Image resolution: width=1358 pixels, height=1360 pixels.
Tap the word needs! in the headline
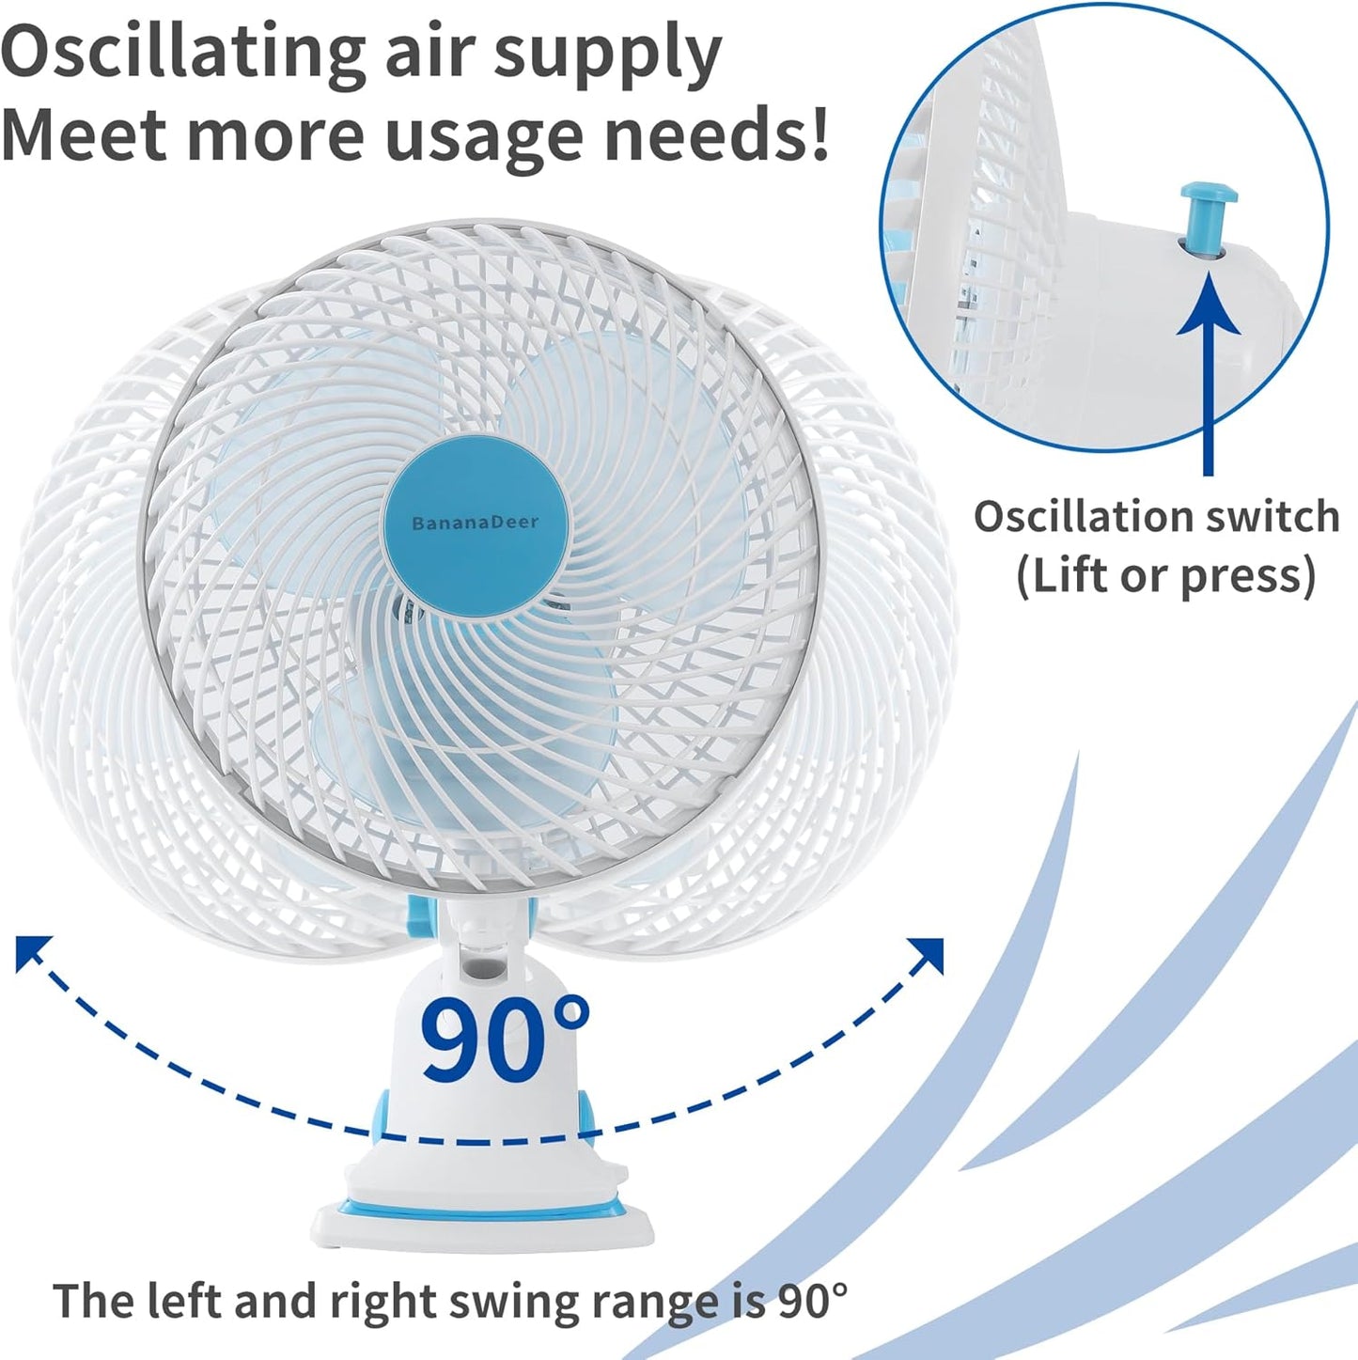(717, 132)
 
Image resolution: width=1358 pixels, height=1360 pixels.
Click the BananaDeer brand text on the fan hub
(475, 523)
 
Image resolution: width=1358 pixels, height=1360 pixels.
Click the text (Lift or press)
(1165, 576)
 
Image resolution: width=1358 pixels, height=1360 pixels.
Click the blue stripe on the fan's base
(483, 1209)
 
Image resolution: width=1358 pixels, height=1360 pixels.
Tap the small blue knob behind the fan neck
(421, 916)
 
